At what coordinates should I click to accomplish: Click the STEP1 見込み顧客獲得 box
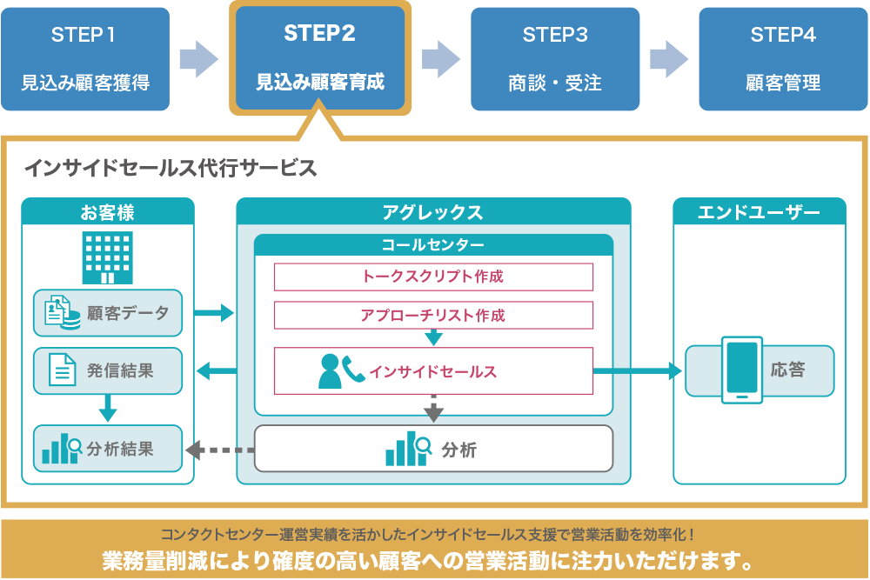[85, 59]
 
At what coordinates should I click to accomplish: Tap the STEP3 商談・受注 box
[555, 59]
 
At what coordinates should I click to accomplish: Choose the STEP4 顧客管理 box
[783, 59]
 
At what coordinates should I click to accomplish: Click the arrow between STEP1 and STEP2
[199, 59]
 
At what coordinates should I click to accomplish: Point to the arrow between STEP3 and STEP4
[669, 59]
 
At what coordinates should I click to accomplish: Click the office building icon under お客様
[108, 258]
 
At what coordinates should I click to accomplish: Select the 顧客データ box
[108, 313]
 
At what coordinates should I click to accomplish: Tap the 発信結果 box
[108, 371]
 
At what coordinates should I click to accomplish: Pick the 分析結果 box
[108, 449]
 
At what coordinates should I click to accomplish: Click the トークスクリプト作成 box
[433, 277]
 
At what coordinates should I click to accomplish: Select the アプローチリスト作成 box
[433, 315]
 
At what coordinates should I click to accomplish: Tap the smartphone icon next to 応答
[742, 370]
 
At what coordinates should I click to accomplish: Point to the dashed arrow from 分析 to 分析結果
[220, 450]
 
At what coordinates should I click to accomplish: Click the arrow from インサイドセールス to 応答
[638, 371]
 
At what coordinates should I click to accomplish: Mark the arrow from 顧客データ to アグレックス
[214, 313]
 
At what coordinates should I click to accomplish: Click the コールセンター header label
[433, 244]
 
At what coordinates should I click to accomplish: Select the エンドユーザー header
[759, 212]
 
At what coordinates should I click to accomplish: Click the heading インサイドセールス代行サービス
[171, 168]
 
